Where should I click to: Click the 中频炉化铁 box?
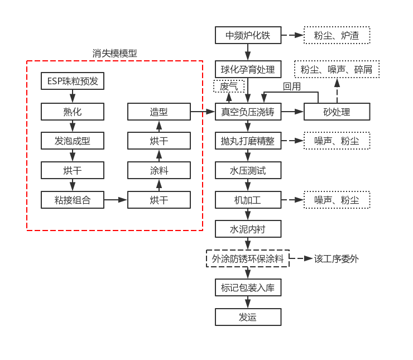(x=248, y=35)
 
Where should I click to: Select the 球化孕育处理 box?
(x=248, y=69)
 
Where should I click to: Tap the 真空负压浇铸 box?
(x=248, y=112)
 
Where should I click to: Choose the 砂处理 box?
(x=337, y=112)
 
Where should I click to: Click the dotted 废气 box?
(x=229, y=86)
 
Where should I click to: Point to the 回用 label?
(x=292, y=87)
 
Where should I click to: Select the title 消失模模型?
(x=114, y=54)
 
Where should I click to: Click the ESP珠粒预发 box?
(x=73, y=81)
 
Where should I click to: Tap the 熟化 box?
(x=73, y=112)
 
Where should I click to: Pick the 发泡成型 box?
(x=73, y=141)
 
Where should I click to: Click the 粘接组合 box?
(x=73, y=200)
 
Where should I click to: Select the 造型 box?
(x=159, y=112)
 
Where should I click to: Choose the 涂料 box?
(x=159, y=170)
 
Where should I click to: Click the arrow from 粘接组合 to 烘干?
(x=116, y=200)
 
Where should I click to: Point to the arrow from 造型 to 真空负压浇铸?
(x=203, y=112)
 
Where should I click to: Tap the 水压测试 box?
(x=248, y=170)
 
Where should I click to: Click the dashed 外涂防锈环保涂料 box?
(x=248, y=258)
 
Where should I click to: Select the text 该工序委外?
(x=337, y=259)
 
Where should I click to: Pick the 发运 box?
(x=248, y=317)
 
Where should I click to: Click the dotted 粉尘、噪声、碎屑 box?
(x=337, y=69)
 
